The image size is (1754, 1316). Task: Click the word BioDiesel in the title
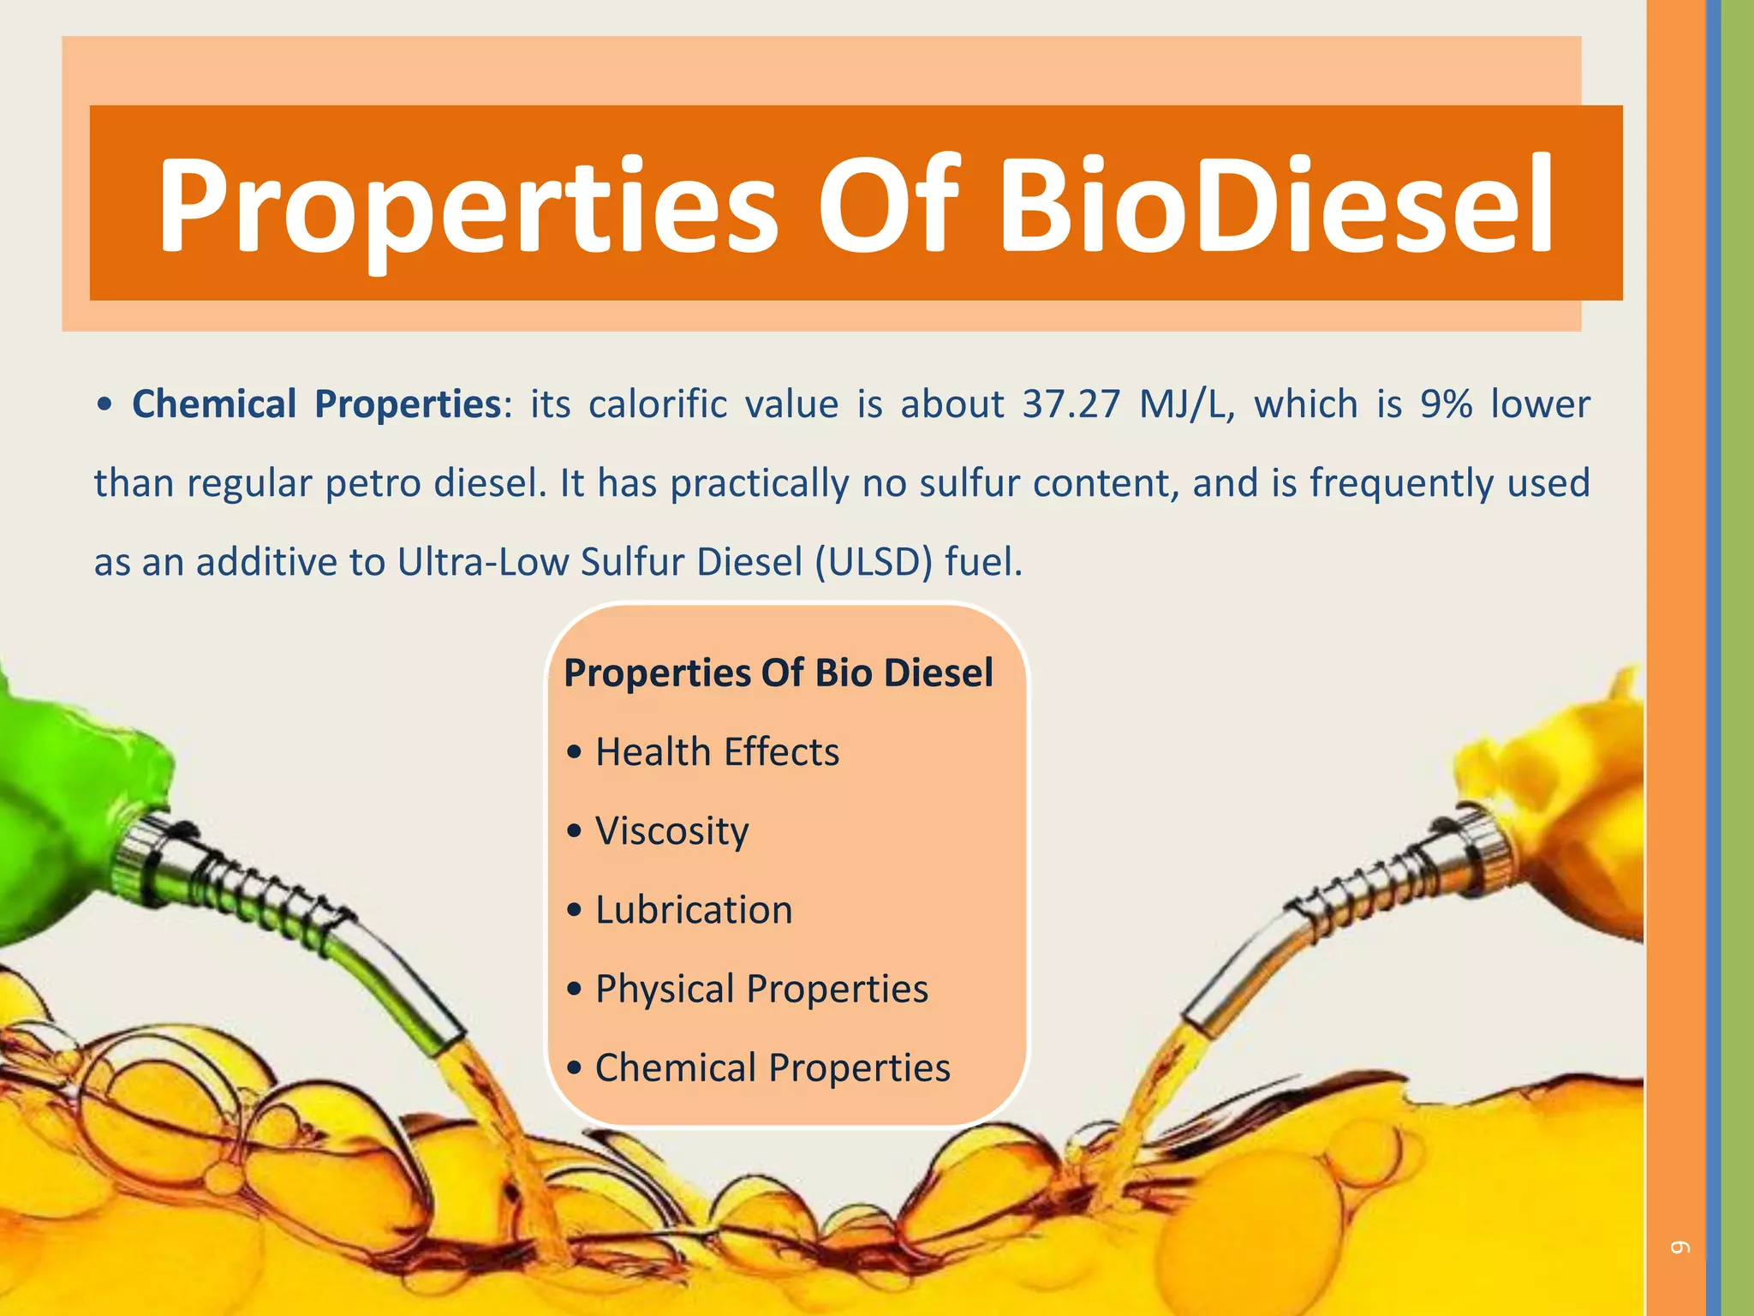[x=1276, y=206]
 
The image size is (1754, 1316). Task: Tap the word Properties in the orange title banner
[x=467, y=206]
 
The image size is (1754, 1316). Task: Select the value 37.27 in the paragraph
[x=1071, y=404]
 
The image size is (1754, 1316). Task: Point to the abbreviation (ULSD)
[x=873, y=563]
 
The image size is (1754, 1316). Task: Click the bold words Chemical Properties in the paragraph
[x=316, y=404]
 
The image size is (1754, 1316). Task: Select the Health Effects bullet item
[x=717, y=752]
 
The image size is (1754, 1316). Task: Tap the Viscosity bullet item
[x=671, y=831]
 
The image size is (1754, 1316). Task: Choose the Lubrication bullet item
[x=694, y=910]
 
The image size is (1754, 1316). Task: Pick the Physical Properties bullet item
[x=761, y=989]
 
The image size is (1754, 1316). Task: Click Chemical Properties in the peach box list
[x=773, y=1068]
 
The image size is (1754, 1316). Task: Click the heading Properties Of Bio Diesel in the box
[x=779, y=673]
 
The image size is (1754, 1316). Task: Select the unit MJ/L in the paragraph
[x=1186, y=404]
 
